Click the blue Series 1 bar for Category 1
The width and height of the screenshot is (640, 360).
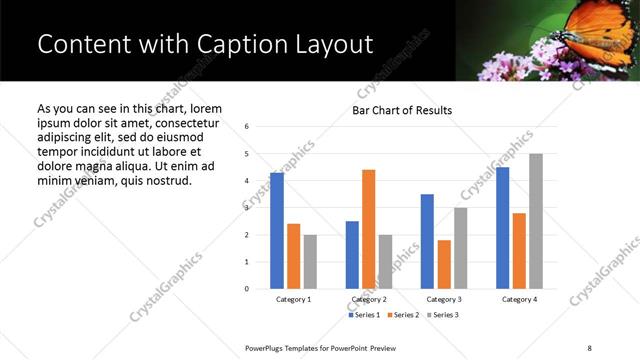(x=277, y=231)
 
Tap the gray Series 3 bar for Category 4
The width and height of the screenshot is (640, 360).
(x=536, y=221)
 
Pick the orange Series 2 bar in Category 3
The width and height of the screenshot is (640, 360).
(x=444, y=264)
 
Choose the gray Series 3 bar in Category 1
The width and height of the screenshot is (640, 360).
(x=310, y=262)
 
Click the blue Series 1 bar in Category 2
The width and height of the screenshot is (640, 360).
(x=352, y=255)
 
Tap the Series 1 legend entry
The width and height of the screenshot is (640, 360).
(x=364, y=315)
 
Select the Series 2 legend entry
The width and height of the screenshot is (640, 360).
(x=403, y=315)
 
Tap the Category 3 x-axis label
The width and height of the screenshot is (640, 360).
(x=444, y=300)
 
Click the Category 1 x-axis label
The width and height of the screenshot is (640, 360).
(x=294, y=300)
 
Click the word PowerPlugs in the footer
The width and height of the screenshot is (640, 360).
(x=266, y=346)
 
